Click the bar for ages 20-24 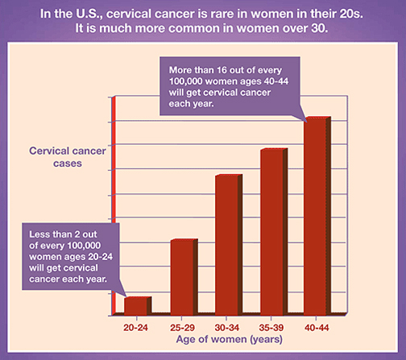pyautogui.click(x=138, y=306)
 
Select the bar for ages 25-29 pyautogui.click(x=184, y=277)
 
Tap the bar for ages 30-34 pyautogui.click(x=229, y=245)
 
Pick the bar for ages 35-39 pyautogui.click(x=274, y=232)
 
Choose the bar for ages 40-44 pyautogui.click(x=317, y=216)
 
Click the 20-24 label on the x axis pyautogui.click(x=135, y=328)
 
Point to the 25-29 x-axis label pyautogui.click(x=182, y=328)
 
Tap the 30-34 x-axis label pyautogui.click(x=227, y=328)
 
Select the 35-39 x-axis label pyautogui.click(x=271, y=328)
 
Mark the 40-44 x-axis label pyautogui.click(x=317, y=328)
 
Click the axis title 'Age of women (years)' pyautogui.click(x=230, y=340)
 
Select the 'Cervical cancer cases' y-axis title pyautogui.click(x=68, y=157)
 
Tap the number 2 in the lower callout pyautogui.click(x=77, y=234)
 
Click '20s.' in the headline pyautogui.click(x=351, y=14)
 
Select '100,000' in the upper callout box pyautogui.click(x=186, y=81)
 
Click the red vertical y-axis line pyautogui.click(x=114, y=205)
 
